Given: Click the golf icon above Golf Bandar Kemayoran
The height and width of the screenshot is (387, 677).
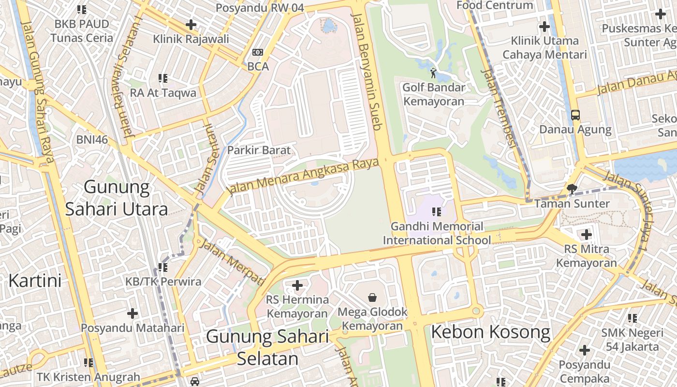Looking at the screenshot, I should pyautogui.click(x=433, y=74).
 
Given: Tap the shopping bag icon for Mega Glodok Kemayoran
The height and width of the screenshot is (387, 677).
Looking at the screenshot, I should pyautogui.click(x=372, y=297).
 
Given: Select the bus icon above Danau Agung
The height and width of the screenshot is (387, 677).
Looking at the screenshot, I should pyautogui.click(x=575, y=115).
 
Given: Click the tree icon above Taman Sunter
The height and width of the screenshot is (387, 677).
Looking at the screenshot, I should pyautogui.click(x=573, y=189).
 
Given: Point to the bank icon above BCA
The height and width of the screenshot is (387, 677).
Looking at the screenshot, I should pyautogui.click(x=258, y=52).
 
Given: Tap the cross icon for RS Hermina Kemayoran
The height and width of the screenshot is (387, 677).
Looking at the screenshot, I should pyautogui.click(x=297, y=285).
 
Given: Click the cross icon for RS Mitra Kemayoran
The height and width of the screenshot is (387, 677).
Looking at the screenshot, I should pyautogui.click(x=587, y=235).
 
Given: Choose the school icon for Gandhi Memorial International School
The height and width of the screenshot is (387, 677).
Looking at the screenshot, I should pyautogui.click(x=437, y=211).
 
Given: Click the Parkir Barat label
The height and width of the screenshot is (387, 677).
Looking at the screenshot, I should pyautogui.click(x=259, y=150).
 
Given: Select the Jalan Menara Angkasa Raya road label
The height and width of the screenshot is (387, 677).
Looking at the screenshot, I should pyautogui.click(x=303, y=178).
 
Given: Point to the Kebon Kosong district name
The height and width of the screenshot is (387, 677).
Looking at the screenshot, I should pyautogui.click(x=490, y=332).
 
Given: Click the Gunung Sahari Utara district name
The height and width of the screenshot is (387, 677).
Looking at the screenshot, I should pyautogui.click(x=117, y=197).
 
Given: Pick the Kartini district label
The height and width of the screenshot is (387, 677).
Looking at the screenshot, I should pyautogui.click(x=35, y=281).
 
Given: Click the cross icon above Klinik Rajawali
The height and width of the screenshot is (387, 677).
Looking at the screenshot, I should pyautogui.click(x=191, y=24).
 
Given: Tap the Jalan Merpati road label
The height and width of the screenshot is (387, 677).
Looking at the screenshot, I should pyautogui.click(x=232, y=262).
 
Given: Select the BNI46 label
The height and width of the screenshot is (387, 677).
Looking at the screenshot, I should pyautogui.click(x=92, y=140).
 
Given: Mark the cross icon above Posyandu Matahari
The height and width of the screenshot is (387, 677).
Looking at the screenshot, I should pyautogui.click(x=132, y=313).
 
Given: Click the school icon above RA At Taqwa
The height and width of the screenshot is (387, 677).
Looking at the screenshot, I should pyautogui.click(x=163, y=78).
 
